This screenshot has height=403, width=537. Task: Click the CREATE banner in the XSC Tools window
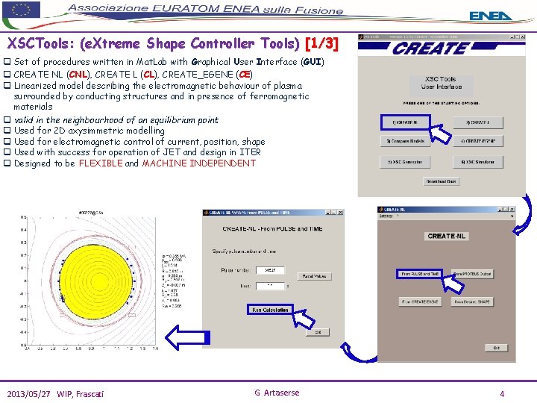pyautogui.click(x=430, y=48)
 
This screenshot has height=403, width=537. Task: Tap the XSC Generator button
pyautogui.click(x=404, y=161)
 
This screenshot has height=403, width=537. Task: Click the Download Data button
pyautogui.click(x=441, y=181)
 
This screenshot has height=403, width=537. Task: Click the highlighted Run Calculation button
pyautogui.click(x=270, y=310)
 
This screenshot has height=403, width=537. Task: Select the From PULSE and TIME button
pyautogui.click(x=421, y=274)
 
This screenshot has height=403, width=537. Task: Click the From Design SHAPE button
pyautogui.click(x=474, y=302)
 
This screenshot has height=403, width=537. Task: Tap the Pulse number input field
pyautogui.click(x=270, y=270)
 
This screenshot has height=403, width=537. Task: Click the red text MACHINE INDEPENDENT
pyautogui.click(x=198, y=163)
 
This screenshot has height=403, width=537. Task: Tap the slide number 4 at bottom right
pyautogui.click(x=502, y=393)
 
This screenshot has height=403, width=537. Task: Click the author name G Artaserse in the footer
pyautogui.click(x=277, y=393)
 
